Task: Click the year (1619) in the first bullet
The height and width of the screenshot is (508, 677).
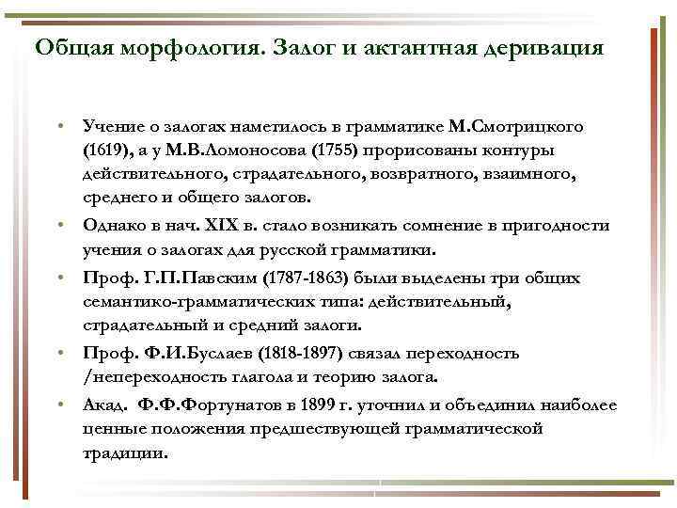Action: [102, 151]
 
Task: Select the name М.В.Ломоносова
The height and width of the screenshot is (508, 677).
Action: [229, 151]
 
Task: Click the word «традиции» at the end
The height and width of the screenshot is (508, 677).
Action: [126, 453]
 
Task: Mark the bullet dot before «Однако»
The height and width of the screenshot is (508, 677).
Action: [59, 226]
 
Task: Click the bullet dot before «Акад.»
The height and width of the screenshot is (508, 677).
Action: [59, 405]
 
